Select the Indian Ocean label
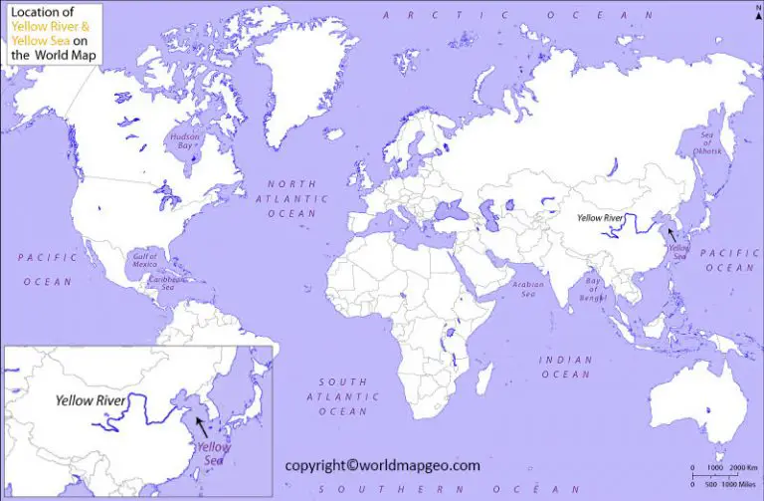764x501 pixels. pyautogui.click(x=566, y=367)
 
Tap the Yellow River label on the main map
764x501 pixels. pyautogui.click(x=600, y=216)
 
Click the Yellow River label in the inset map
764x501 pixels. pyautogui.click(x=91, y=399)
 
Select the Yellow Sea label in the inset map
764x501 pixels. pyautogui.click(x=215, y=454)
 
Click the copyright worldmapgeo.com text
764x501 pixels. pyautogui.click(x=383, y=465)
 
